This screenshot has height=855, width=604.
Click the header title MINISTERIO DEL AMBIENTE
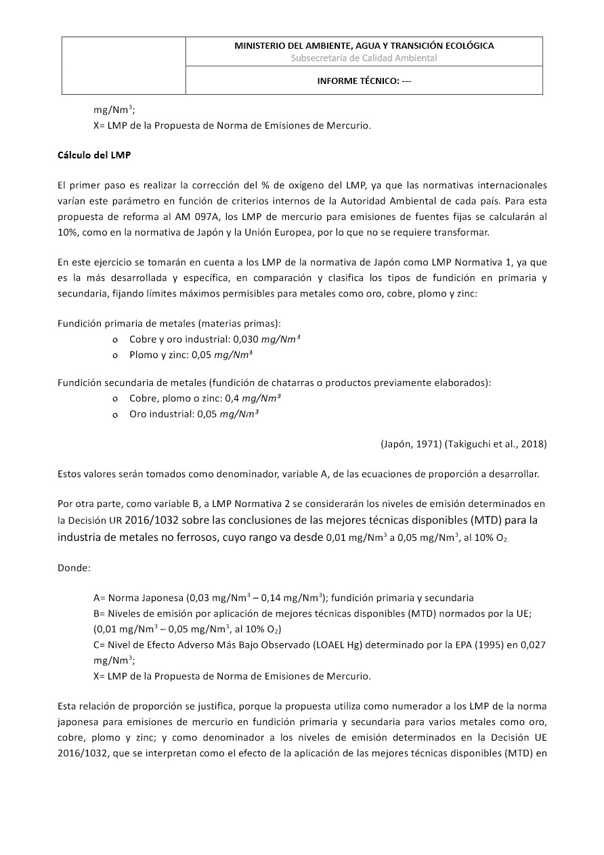364,45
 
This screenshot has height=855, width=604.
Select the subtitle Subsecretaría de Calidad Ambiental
364,58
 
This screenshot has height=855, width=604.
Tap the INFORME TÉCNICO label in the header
364,81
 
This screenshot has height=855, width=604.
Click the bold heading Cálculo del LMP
93,155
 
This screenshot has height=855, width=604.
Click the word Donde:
74,567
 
